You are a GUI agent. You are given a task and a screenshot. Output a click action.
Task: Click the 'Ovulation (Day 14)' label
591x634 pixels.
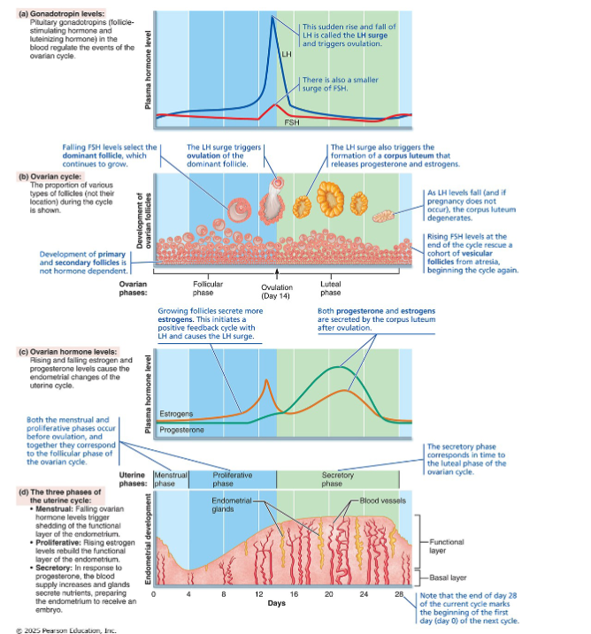[277, 291]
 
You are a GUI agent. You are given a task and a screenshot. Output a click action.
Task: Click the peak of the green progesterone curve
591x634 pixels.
[338, 367]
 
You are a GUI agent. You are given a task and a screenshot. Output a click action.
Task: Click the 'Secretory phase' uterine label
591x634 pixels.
[332, 479]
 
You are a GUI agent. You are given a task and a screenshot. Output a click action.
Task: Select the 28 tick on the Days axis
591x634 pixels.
[398, 593]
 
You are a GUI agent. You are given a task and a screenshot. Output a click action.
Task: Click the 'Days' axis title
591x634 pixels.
[276, 604]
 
